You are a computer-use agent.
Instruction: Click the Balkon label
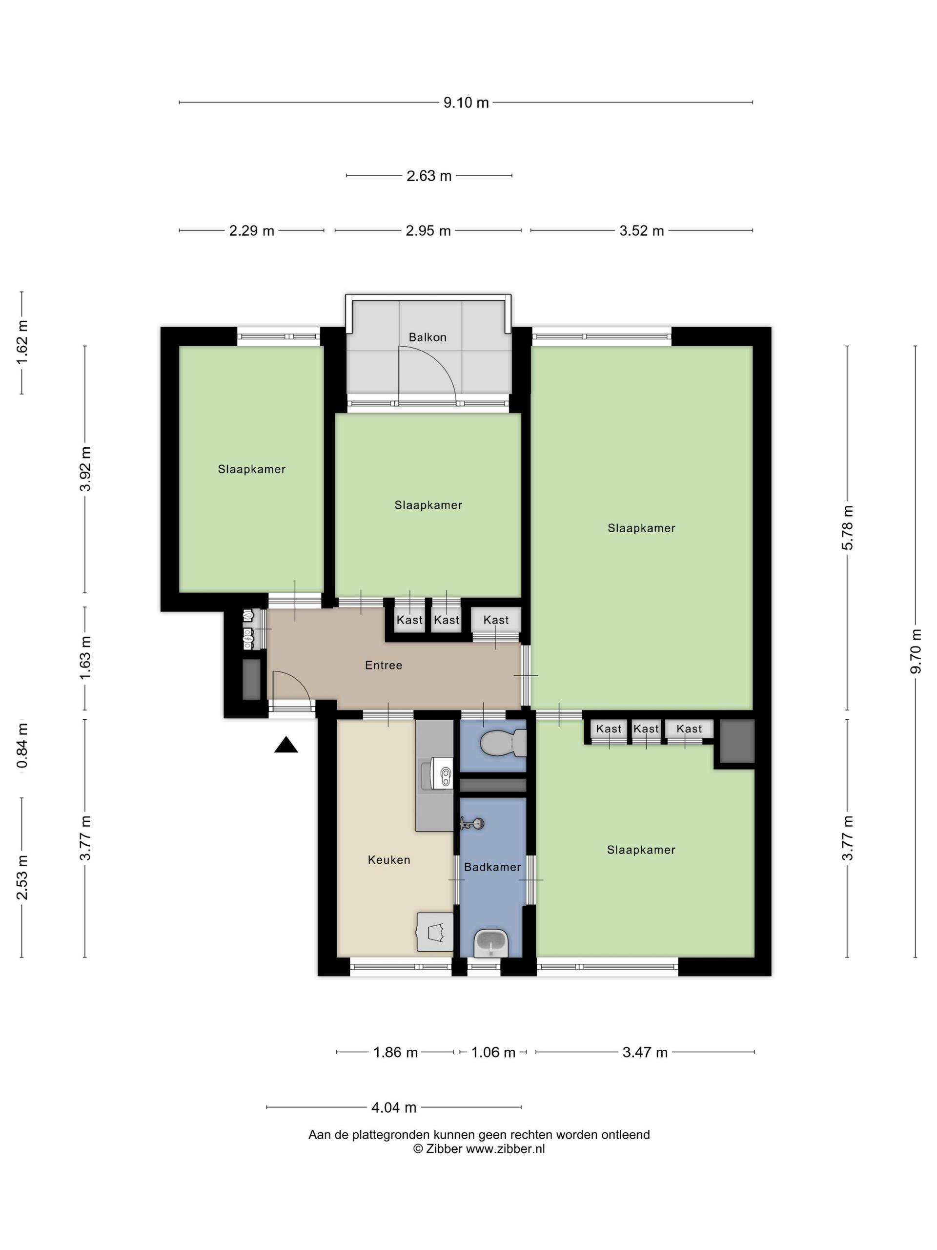428,337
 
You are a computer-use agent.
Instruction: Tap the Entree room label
384,665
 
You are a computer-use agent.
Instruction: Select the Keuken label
388,860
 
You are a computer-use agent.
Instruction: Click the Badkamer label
492,867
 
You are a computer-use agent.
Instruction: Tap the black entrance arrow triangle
286,746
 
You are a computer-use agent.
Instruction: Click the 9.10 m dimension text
466,103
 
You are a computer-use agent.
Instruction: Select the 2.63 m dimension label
429,176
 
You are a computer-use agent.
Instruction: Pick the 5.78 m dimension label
848,528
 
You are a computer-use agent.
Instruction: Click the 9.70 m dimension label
916,651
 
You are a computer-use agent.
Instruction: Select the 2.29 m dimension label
251,230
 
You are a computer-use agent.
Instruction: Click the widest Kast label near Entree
496,620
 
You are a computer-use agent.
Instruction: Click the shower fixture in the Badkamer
472,823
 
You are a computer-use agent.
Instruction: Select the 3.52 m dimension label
642,230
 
